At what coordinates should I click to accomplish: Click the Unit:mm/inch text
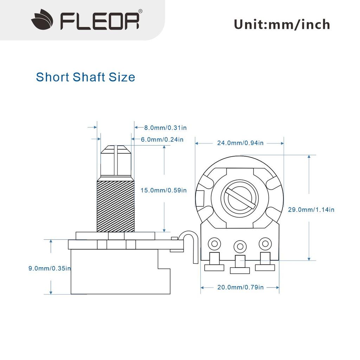pyautogui.click(x=282, y=25)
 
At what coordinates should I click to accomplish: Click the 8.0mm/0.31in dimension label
pyautogui.click(x=161, y=127)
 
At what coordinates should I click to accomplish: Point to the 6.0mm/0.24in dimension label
pyautogui.click(x=162, y=140)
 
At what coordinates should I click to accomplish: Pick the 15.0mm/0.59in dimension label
pyautogui.click(x=163, y=190)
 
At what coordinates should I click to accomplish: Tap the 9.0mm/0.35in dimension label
pyautogui.click(x=50, y=268)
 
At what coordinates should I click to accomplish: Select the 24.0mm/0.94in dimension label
pyautogui.click(x=240, y=143)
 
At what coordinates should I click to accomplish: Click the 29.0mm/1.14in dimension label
pyautogui.click(x=311, y=210)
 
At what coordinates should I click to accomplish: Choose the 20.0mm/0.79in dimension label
pyautogui.click(x=240, y=287)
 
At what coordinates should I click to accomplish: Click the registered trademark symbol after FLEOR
pyautogui.click(x=140, y=11)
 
